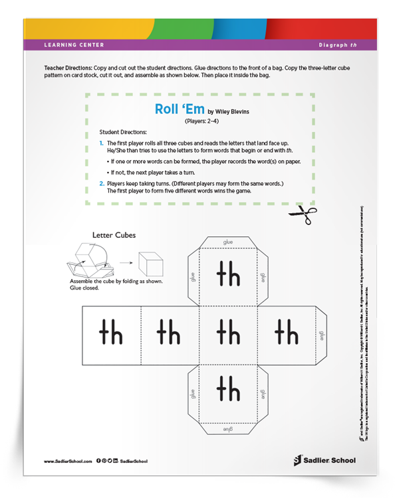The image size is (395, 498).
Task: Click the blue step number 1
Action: coord(102,143)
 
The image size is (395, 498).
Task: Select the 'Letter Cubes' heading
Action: coord(114,235)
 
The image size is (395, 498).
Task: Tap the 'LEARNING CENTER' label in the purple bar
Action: coord(74,45)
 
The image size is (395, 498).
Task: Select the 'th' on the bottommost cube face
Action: coord(228,388)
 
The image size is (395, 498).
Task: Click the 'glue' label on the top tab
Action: coord(228,242)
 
